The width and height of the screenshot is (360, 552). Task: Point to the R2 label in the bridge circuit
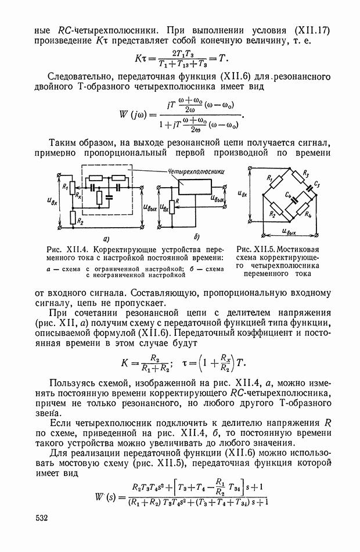click(x=272, y=214)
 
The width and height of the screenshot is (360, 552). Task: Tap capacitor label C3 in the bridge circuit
click(x=317, y=184)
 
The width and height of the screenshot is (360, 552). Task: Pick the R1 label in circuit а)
click(x=65, y=187)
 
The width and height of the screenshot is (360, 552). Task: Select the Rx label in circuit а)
click(x=78, y=196)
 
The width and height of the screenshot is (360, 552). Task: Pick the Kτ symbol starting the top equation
click(x=142, y=59)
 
